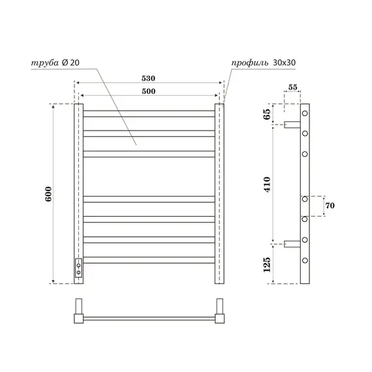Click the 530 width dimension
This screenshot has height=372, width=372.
coord(149,78)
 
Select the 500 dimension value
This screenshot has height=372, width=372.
coord(149,91)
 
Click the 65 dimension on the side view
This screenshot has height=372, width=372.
coord(267,113)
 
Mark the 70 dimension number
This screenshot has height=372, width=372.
coord(330,206)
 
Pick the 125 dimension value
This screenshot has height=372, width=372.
coord(267,263)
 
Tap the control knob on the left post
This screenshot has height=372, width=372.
coord(78,266)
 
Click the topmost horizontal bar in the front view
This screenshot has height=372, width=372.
coord(149,113)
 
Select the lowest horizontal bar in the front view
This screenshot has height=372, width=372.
coord(149,260)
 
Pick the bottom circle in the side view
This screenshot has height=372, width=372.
coord(305,261)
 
